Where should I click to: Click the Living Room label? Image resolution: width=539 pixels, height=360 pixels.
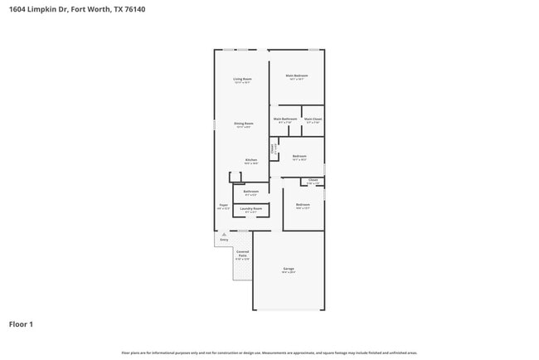(x=242, y=79)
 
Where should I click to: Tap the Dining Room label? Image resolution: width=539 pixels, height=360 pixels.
(x=244, y=124)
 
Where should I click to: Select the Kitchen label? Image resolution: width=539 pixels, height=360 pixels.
(x=250, y=160)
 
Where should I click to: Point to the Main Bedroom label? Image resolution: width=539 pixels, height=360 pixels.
(x=296, y=76)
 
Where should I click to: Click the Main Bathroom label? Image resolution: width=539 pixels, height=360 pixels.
(x=285, y=119)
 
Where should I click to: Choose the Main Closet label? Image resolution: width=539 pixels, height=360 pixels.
(x=313, y=119)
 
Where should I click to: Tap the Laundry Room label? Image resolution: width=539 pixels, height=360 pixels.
(x=251, y=208)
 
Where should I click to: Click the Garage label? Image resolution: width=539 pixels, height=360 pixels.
(x=289, y=269)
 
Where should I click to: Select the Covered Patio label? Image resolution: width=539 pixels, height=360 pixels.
(x=242, y=253)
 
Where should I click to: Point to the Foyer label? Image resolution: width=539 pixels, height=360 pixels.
(x=223, y=204)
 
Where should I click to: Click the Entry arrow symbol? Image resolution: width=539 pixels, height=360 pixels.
(x=224, y=235)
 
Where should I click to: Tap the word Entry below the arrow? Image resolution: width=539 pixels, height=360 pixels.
(x=224, y=240)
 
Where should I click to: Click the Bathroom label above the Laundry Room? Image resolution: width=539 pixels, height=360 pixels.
(x=251, y=192)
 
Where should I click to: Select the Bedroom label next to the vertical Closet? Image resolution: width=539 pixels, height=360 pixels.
(x=299, y=156)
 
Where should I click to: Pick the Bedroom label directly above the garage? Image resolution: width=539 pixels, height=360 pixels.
(x=303, y=204)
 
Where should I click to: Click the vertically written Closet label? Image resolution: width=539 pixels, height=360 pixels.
(x=273, y=150)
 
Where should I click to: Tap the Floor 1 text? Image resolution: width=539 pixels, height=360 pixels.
(x=21, y=324)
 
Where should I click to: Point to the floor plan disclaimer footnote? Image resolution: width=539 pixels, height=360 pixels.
(x=269, y=353)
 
